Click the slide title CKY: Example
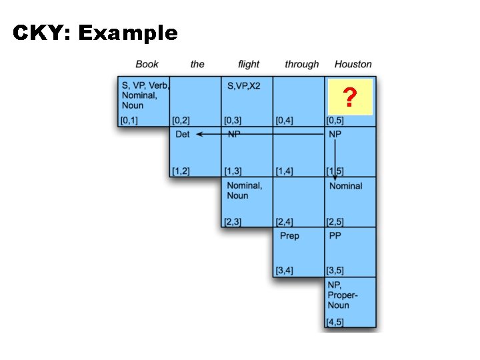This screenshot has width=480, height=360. pos(95,33)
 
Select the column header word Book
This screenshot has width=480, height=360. pos(147,64)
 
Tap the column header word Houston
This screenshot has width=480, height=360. pos(353,64)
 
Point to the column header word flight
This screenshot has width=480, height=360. pos(249,64)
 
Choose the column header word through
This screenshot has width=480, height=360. pos(301,64)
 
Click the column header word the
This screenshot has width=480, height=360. pos(197,64)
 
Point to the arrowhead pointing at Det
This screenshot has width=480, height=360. pos(197,134)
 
